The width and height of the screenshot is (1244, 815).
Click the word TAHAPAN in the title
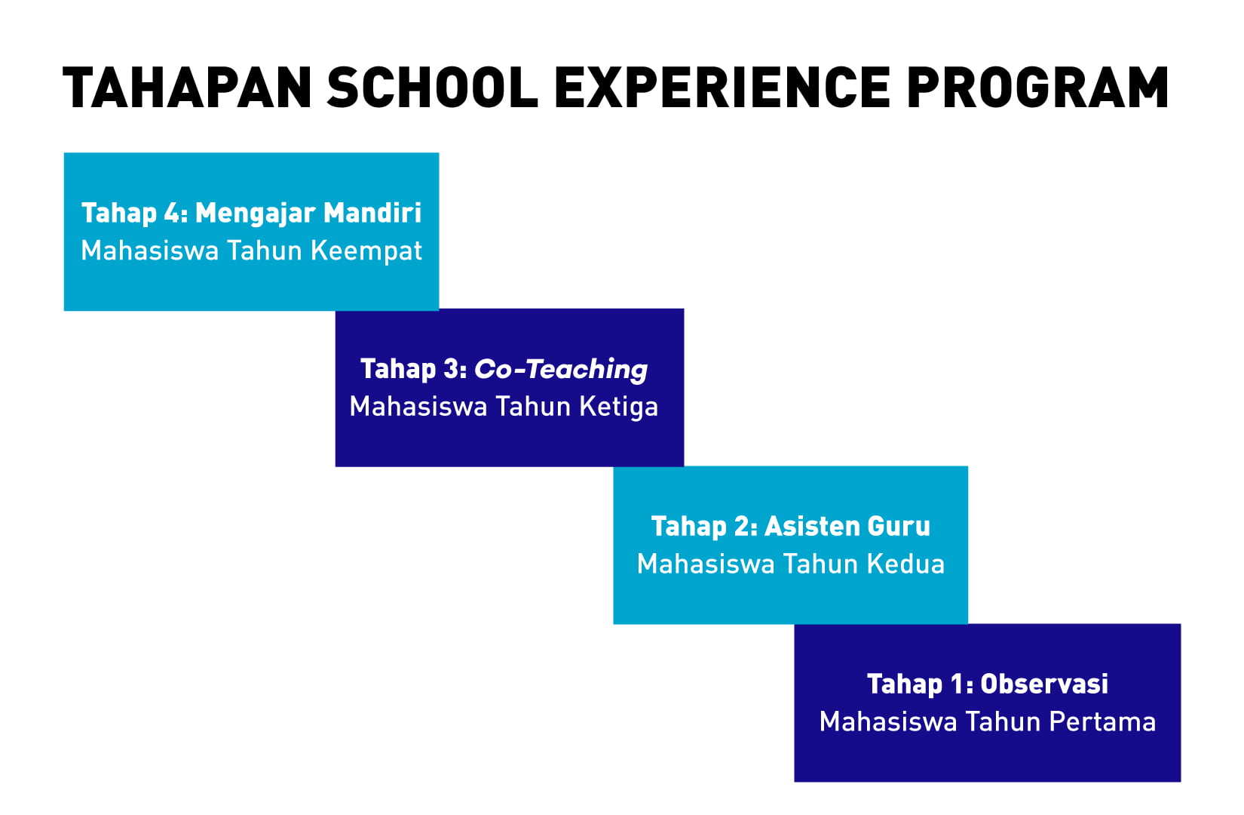(187, 88)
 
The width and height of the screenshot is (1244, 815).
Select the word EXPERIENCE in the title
(722, 88)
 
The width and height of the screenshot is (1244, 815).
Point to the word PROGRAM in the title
(1038, 88)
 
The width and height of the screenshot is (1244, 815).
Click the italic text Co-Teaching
(560, 370)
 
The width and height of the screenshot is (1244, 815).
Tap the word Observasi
(1044, 684)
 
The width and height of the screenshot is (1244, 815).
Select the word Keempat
(366, 251)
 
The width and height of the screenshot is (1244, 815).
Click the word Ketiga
(619, 407)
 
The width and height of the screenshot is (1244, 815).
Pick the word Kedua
(905, 564)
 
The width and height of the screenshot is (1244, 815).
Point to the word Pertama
(1102, 721)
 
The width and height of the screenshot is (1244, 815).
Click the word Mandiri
(372, 213)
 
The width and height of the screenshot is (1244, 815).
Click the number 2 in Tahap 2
(741, 526)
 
